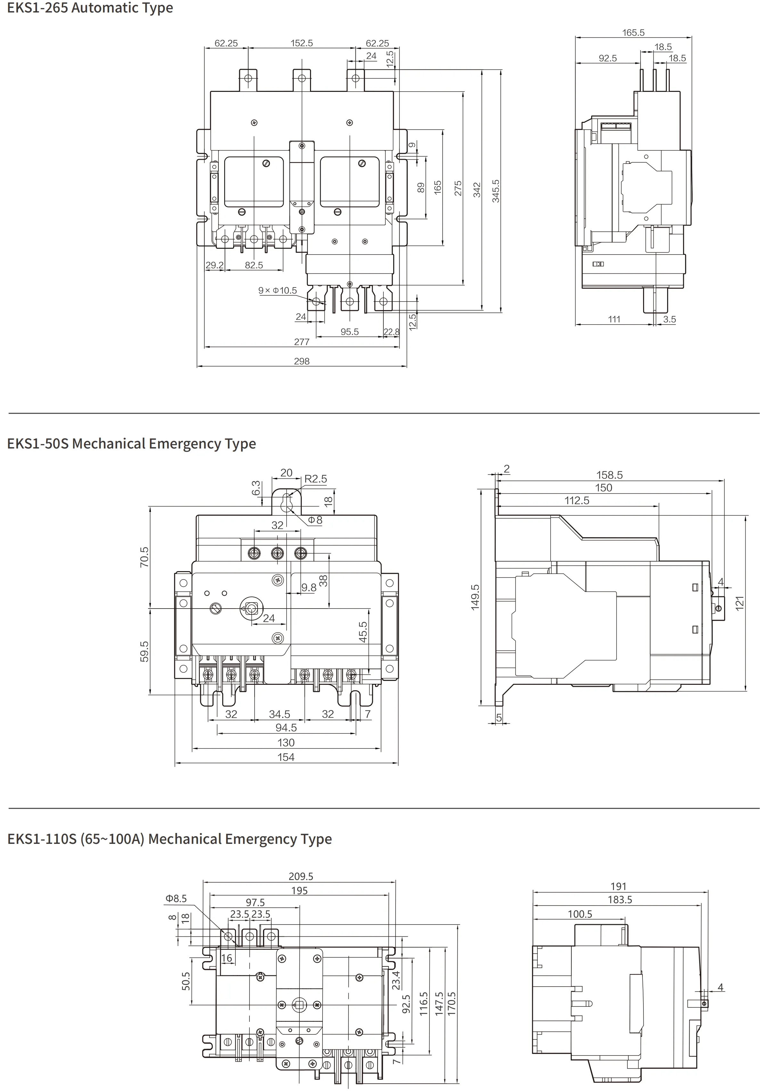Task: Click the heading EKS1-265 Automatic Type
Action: (90, 8)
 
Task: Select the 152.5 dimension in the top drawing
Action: (301, 43)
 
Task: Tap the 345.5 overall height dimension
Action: (496, 191)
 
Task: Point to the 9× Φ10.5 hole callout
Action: (278, 290)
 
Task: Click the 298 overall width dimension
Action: (301, 361)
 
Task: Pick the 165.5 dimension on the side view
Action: (633, 33)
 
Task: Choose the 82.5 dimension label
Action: (254, 265)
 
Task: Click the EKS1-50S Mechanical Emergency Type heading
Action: (132, 444)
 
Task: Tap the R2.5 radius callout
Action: (315, 479)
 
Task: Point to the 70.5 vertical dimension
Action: (144, 557)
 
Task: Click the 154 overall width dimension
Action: (286, 757)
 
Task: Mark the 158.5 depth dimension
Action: (609, 475)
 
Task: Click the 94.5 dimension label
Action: (286, 727)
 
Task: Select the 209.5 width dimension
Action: (301, 876)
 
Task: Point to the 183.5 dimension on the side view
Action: (620, 900)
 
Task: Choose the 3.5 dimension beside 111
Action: (669, 319)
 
